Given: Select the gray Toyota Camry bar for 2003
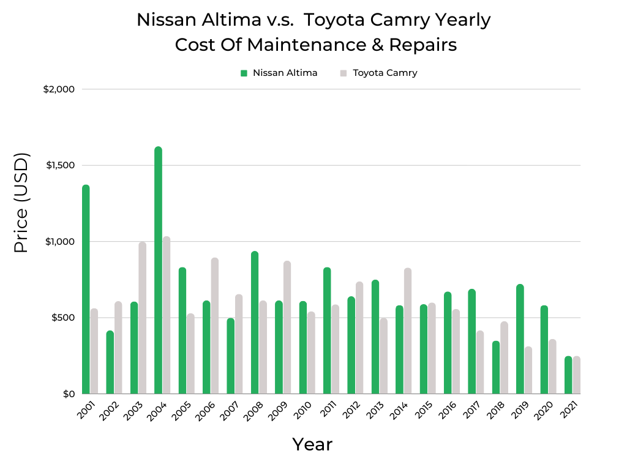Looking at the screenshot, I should pyautogui.click(x=143, y=318).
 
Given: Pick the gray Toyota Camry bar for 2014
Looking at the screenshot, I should pyautogui.click(x=408, y=331).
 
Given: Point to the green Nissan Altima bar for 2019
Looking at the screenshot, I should pyautogui.click(x=520, y=339).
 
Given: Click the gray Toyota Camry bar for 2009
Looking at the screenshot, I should pyautogui.click(x=287, y=327).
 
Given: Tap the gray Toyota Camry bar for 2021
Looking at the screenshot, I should pyautogui.click(x=577, y=375).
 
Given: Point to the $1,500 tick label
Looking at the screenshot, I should pyautogui.click(x=59, y=165).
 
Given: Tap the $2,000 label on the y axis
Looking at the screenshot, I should pyautogui.click(x=59, y=89).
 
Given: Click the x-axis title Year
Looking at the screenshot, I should pyautogui.click(x=312, y=444).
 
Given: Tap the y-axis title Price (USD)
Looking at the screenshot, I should pyautogui.click(x=21, y=203).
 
